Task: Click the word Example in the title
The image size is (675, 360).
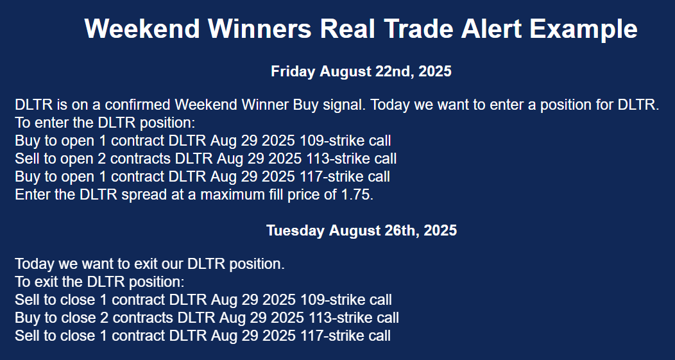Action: (x=583, y=29)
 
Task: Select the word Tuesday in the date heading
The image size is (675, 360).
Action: (x=294, y=230)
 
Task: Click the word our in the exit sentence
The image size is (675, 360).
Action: (x=175, y=264)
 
